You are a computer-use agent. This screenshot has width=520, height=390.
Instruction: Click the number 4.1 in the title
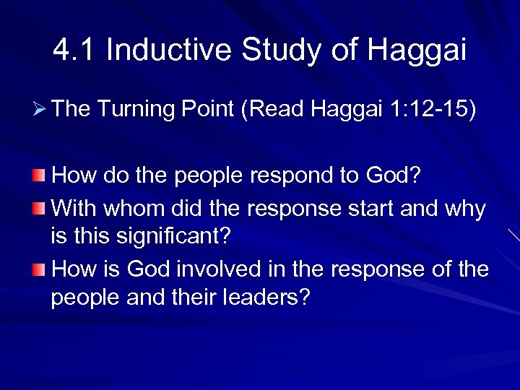[74, 51]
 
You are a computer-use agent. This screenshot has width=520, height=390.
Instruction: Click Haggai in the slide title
[417, 51]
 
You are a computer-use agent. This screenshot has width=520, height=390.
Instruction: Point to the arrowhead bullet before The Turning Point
[41, 110]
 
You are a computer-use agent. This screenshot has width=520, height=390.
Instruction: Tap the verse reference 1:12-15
[432, 109]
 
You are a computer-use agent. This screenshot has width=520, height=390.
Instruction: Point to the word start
[370, 209]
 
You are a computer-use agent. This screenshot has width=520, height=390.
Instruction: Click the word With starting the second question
[76, 209]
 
